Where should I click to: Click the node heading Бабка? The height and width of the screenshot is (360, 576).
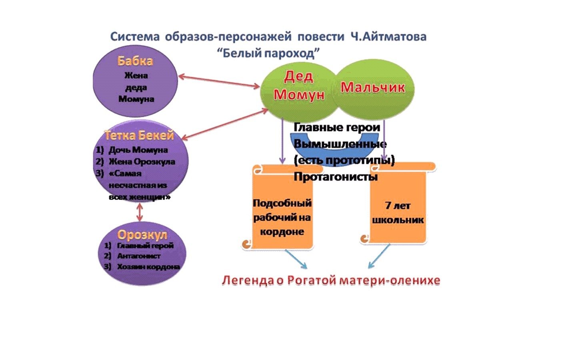click(135, 61)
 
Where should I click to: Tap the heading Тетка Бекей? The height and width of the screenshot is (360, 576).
click(139, 136)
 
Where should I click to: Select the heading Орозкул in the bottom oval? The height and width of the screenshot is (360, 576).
click(142, 235)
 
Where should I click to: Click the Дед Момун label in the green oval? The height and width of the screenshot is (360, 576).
click(299, 86)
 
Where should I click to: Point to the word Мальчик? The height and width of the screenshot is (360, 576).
click(372, 88)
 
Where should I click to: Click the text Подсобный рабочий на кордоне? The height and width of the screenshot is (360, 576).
click(282, 217)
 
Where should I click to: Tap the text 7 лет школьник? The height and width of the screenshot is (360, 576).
click(398, 212)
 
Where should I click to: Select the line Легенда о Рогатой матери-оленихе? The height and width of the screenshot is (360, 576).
click(331, 280)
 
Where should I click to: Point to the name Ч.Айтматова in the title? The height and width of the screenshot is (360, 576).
click(388, 37)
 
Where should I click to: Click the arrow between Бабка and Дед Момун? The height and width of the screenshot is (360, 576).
click(219, 81)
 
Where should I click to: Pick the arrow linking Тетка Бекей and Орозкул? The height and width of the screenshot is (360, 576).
click(139, 212)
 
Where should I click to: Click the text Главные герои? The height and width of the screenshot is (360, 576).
click(337, 128)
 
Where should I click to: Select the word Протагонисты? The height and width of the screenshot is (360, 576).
click(336, 177)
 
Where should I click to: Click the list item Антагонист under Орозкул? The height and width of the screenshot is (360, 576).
click(138, 256)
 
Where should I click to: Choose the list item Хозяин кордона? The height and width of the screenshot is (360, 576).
click(148, 267)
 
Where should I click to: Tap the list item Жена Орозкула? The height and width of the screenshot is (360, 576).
click(142, 162)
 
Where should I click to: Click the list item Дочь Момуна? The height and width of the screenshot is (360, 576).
click(138, 150)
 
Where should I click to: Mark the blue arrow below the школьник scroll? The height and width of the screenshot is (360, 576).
click(379, 256)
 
